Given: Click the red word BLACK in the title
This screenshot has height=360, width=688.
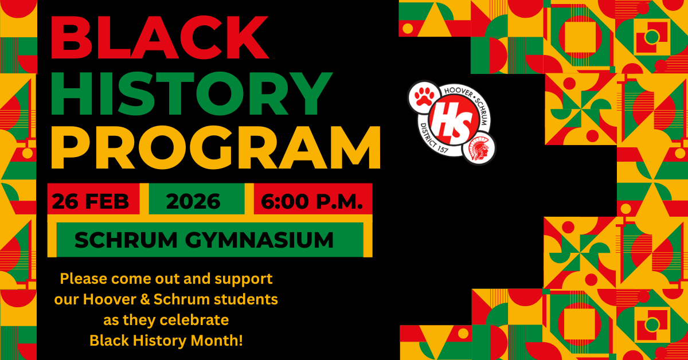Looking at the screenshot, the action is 160,37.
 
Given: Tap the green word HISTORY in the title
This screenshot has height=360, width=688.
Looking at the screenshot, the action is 191,93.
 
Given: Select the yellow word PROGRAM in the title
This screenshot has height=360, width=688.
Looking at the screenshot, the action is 216,147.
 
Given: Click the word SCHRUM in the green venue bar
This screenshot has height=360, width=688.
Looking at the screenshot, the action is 126,240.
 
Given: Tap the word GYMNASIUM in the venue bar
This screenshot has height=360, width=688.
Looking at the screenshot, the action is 260,240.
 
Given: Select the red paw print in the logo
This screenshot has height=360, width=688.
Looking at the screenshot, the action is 424,96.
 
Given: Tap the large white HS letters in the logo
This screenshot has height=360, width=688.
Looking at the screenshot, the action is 454,120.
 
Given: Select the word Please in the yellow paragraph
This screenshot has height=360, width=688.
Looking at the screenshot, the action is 84,279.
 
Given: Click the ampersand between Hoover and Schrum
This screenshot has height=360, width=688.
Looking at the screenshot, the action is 144,299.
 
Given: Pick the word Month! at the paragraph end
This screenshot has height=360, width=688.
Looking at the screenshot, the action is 217,341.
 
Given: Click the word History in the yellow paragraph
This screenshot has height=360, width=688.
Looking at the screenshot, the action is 159,341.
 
